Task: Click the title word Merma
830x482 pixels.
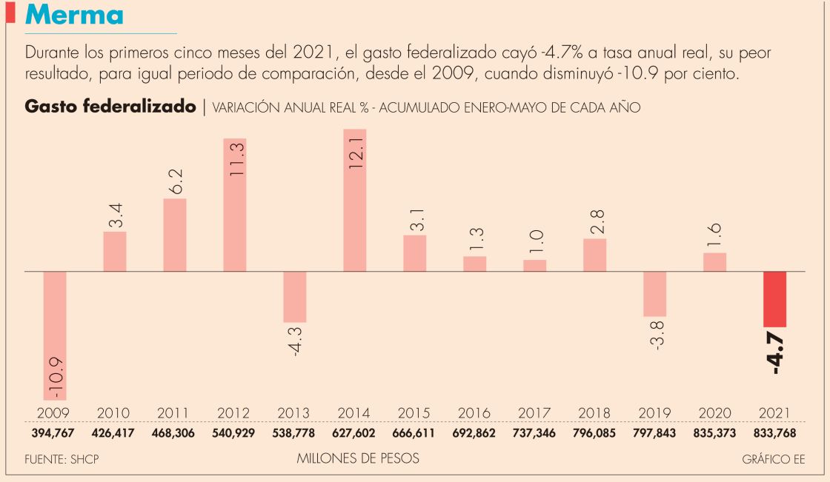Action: click(75, 15)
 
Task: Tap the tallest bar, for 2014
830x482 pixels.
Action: click(355, 200)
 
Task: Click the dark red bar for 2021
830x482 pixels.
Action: click(775, 299)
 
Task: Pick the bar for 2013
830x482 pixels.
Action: click(295, 296)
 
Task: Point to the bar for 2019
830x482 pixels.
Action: click(655, 294)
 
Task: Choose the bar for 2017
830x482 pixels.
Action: click(535, 266)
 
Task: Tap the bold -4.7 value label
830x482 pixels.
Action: click(777, 355)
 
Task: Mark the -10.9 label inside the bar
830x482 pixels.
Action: click(56, 378)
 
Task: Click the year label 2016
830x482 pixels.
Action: click(474, 413)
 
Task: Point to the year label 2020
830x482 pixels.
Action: click(714, 413)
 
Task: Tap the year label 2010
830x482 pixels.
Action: click(114, 413)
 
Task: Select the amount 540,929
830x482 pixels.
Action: click(235, 433)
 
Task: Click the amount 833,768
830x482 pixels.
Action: click(775, 433)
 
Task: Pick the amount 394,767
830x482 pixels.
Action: click(55, 433)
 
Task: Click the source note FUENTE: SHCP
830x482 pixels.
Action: click(62, 459)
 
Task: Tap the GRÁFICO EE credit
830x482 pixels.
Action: click(774, 459)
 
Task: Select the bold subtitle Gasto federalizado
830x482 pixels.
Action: click(110, 107)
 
